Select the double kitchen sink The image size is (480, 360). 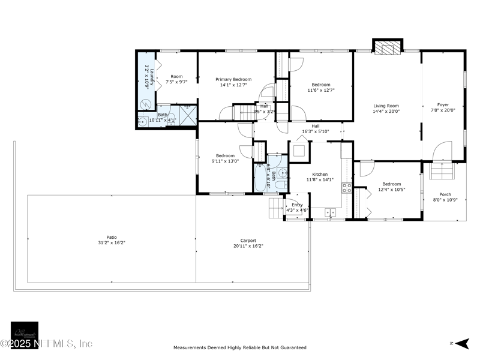(x=331, y=212)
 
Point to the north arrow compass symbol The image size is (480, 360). (x=461, y=343)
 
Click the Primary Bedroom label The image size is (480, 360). (x=233, y=79)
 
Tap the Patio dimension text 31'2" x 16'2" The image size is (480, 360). (x=112, y=243)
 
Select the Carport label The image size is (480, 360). (x=248, y=240)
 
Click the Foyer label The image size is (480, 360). (x=443, y=105)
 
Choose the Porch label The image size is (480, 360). (x=445, y=194)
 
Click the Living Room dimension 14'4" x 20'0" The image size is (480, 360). (x=386, y=111)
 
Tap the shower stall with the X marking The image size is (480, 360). (x=188, y=116)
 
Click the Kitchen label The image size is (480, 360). (x=319, y=174)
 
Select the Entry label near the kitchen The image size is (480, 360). (x=298, y=205)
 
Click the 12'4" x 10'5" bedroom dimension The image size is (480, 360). (x=391, y=190)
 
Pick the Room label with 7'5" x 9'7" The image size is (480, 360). (x=176, y=76)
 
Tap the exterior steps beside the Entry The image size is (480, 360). (x=275, y=208)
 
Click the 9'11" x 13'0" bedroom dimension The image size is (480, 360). (x=225, y=161)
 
